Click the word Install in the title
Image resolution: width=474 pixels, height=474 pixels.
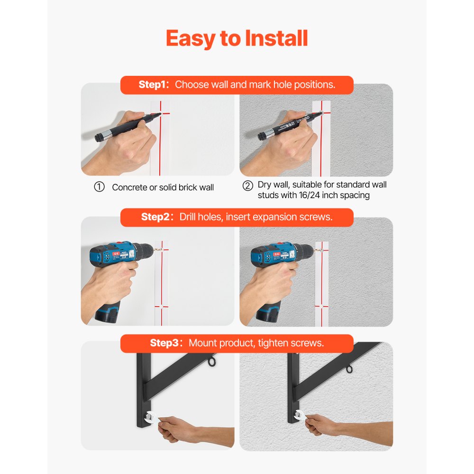click(x=276, y=38)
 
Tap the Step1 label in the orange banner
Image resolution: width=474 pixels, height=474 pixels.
click(x=154, y=85)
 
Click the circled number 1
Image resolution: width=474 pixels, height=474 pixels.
click(x=99, y=187)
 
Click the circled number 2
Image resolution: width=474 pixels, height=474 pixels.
click(x=247, y=185)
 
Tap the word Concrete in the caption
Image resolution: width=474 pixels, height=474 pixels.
click(x=129, y=188)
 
